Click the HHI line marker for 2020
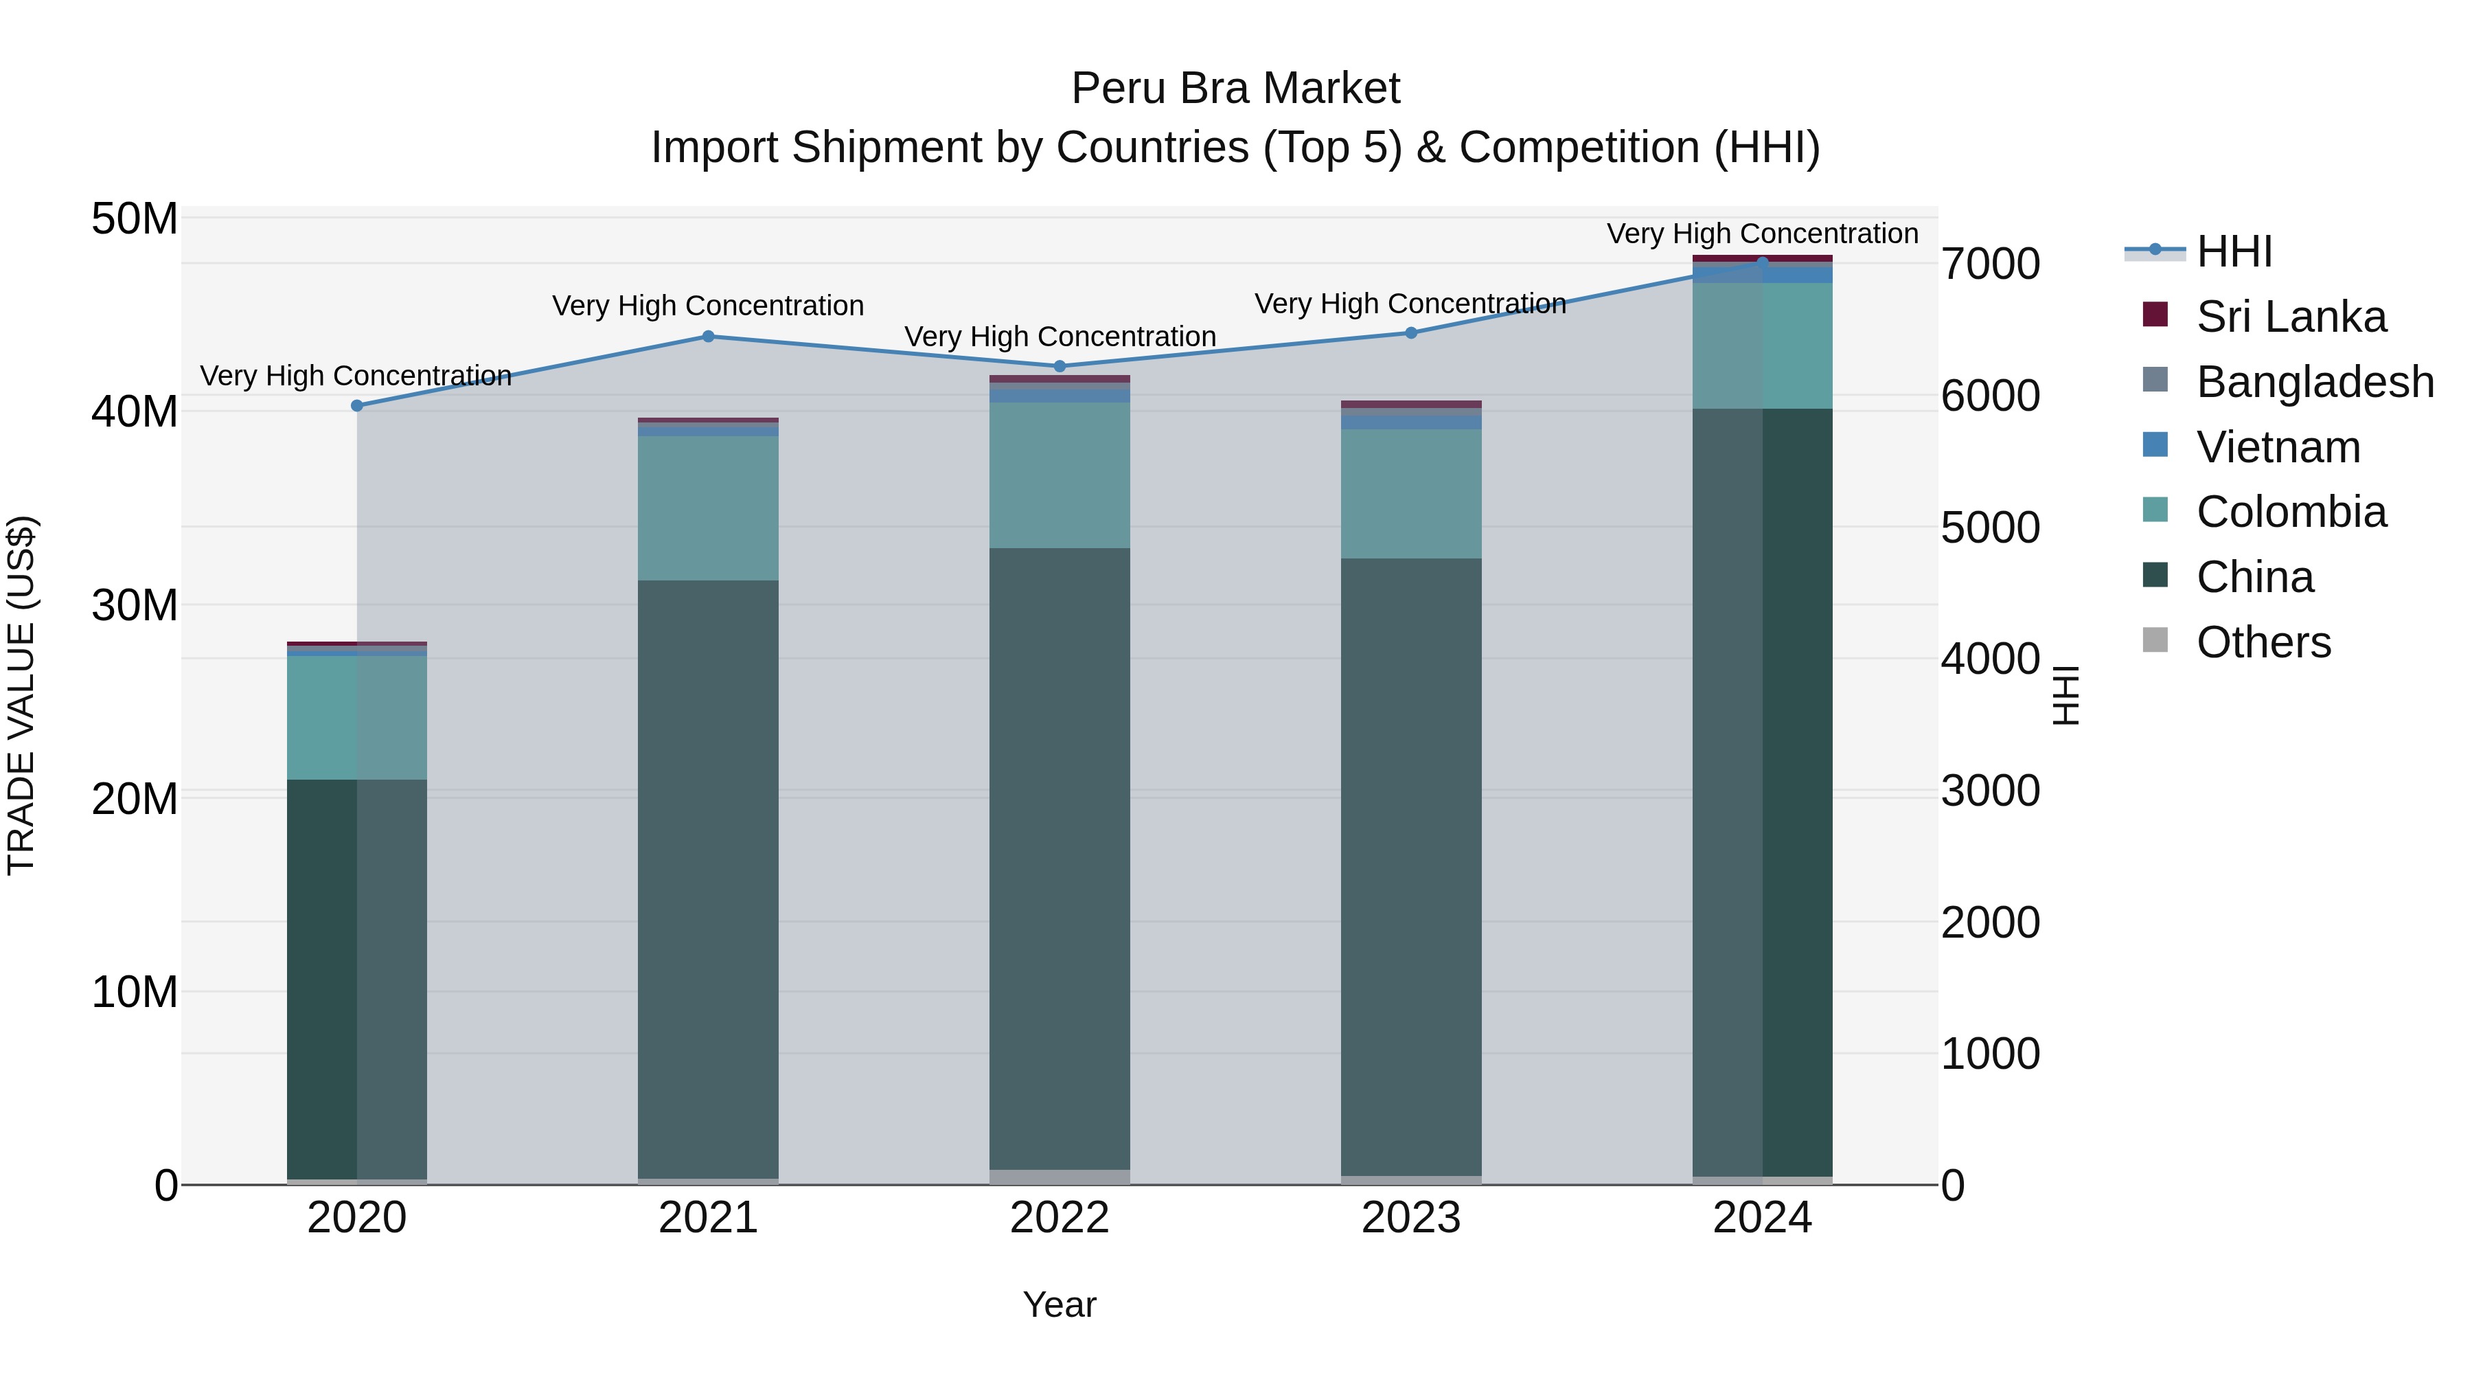click(x=357, y=405)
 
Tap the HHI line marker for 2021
click(x=708, y=336)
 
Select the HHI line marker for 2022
click(x=1060, y=365)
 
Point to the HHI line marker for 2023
click(x=1410, y=333)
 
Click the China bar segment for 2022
click(x=1060, y=859)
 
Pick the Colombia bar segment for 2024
click(x=1762, y=346)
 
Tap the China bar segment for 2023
click(x=1410, y=867)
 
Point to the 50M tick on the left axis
click(x=135, y=219)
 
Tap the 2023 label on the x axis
click(x=1410, y=1218)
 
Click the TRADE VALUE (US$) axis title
click(x=21, y=695)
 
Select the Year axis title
click(x=1060, y=1304)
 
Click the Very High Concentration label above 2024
click(x=1762, y=234)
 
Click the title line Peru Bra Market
click(x=1235, y=89)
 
